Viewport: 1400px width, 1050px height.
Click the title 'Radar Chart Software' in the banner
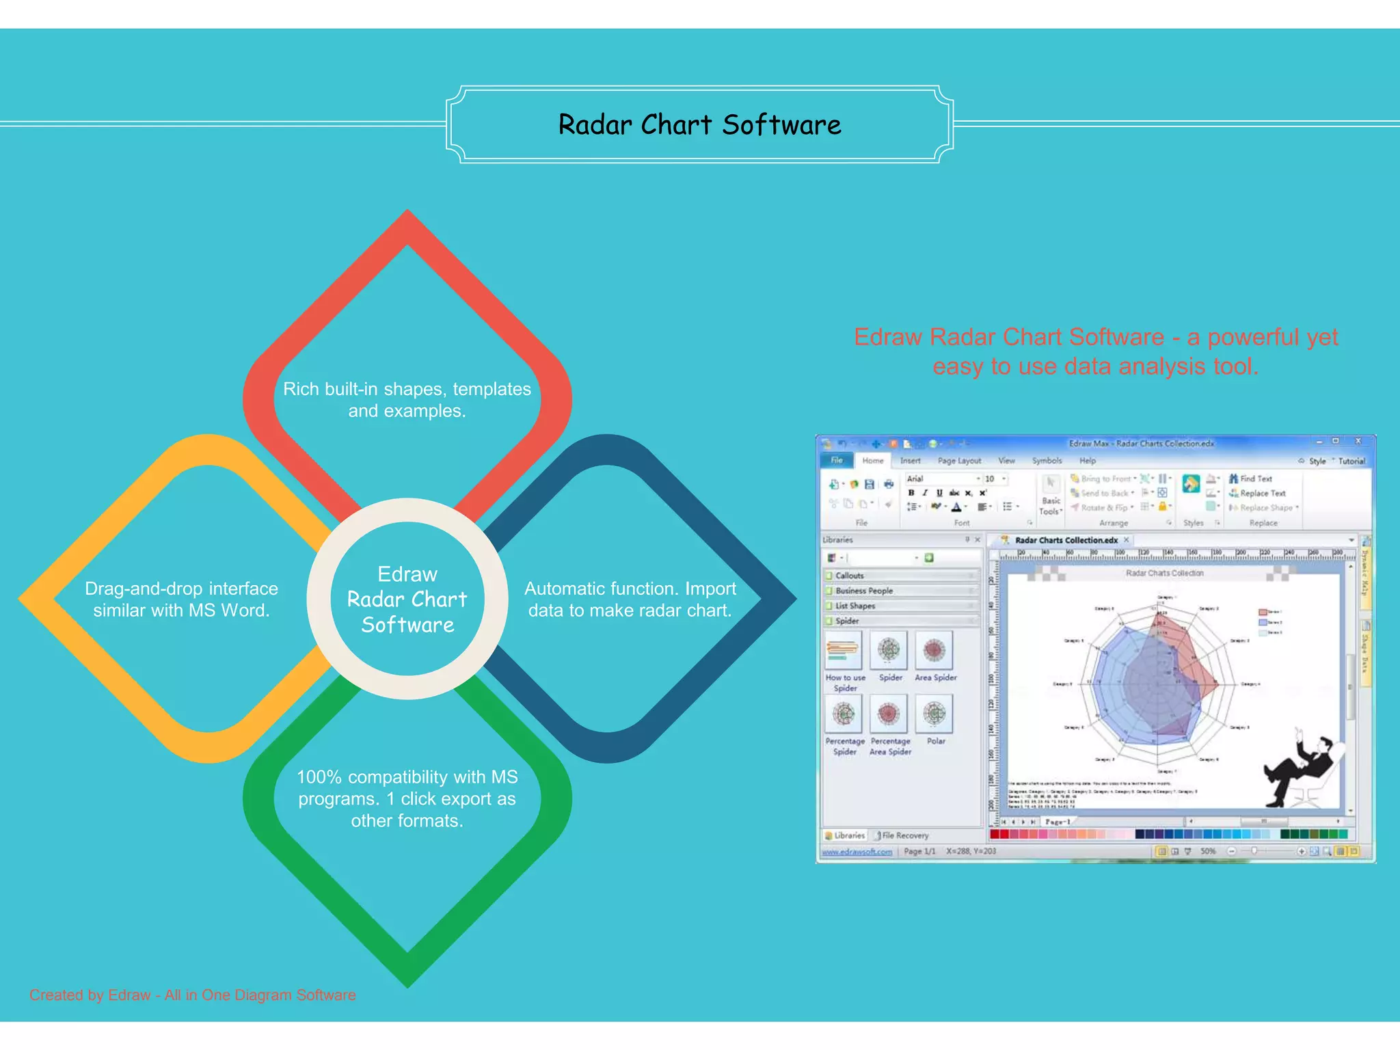699,125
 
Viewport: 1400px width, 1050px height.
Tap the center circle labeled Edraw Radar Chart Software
407,599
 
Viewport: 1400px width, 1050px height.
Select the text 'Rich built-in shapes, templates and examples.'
407,400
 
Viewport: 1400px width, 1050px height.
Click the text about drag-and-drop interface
181,600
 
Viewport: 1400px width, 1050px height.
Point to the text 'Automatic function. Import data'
630,600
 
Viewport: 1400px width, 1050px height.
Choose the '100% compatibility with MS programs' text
407,798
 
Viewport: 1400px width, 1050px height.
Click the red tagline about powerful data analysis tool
1095,351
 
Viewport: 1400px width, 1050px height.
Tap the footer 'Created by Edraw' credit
192,995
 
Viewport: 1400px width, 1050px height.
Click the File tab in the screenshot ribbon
837,461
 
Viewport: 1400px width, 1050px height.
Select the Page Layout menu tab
958,461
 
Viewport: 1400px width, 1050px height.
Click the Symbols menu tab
1047,461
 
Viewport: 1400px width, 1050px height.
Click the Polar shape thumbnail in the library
934,714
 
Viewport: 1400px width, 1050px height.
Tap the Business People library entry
864,591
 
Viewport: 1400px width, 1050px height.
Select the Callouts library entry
850,576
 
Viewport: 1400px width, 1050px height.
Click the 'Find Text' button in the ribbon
1255,479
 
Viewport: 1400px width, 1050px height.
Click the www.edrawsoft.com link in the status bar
857,852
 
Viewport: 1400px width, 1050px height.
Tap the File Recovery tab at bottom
904,835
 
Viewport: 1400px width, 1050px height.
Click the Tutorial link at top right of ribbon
1351,461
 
